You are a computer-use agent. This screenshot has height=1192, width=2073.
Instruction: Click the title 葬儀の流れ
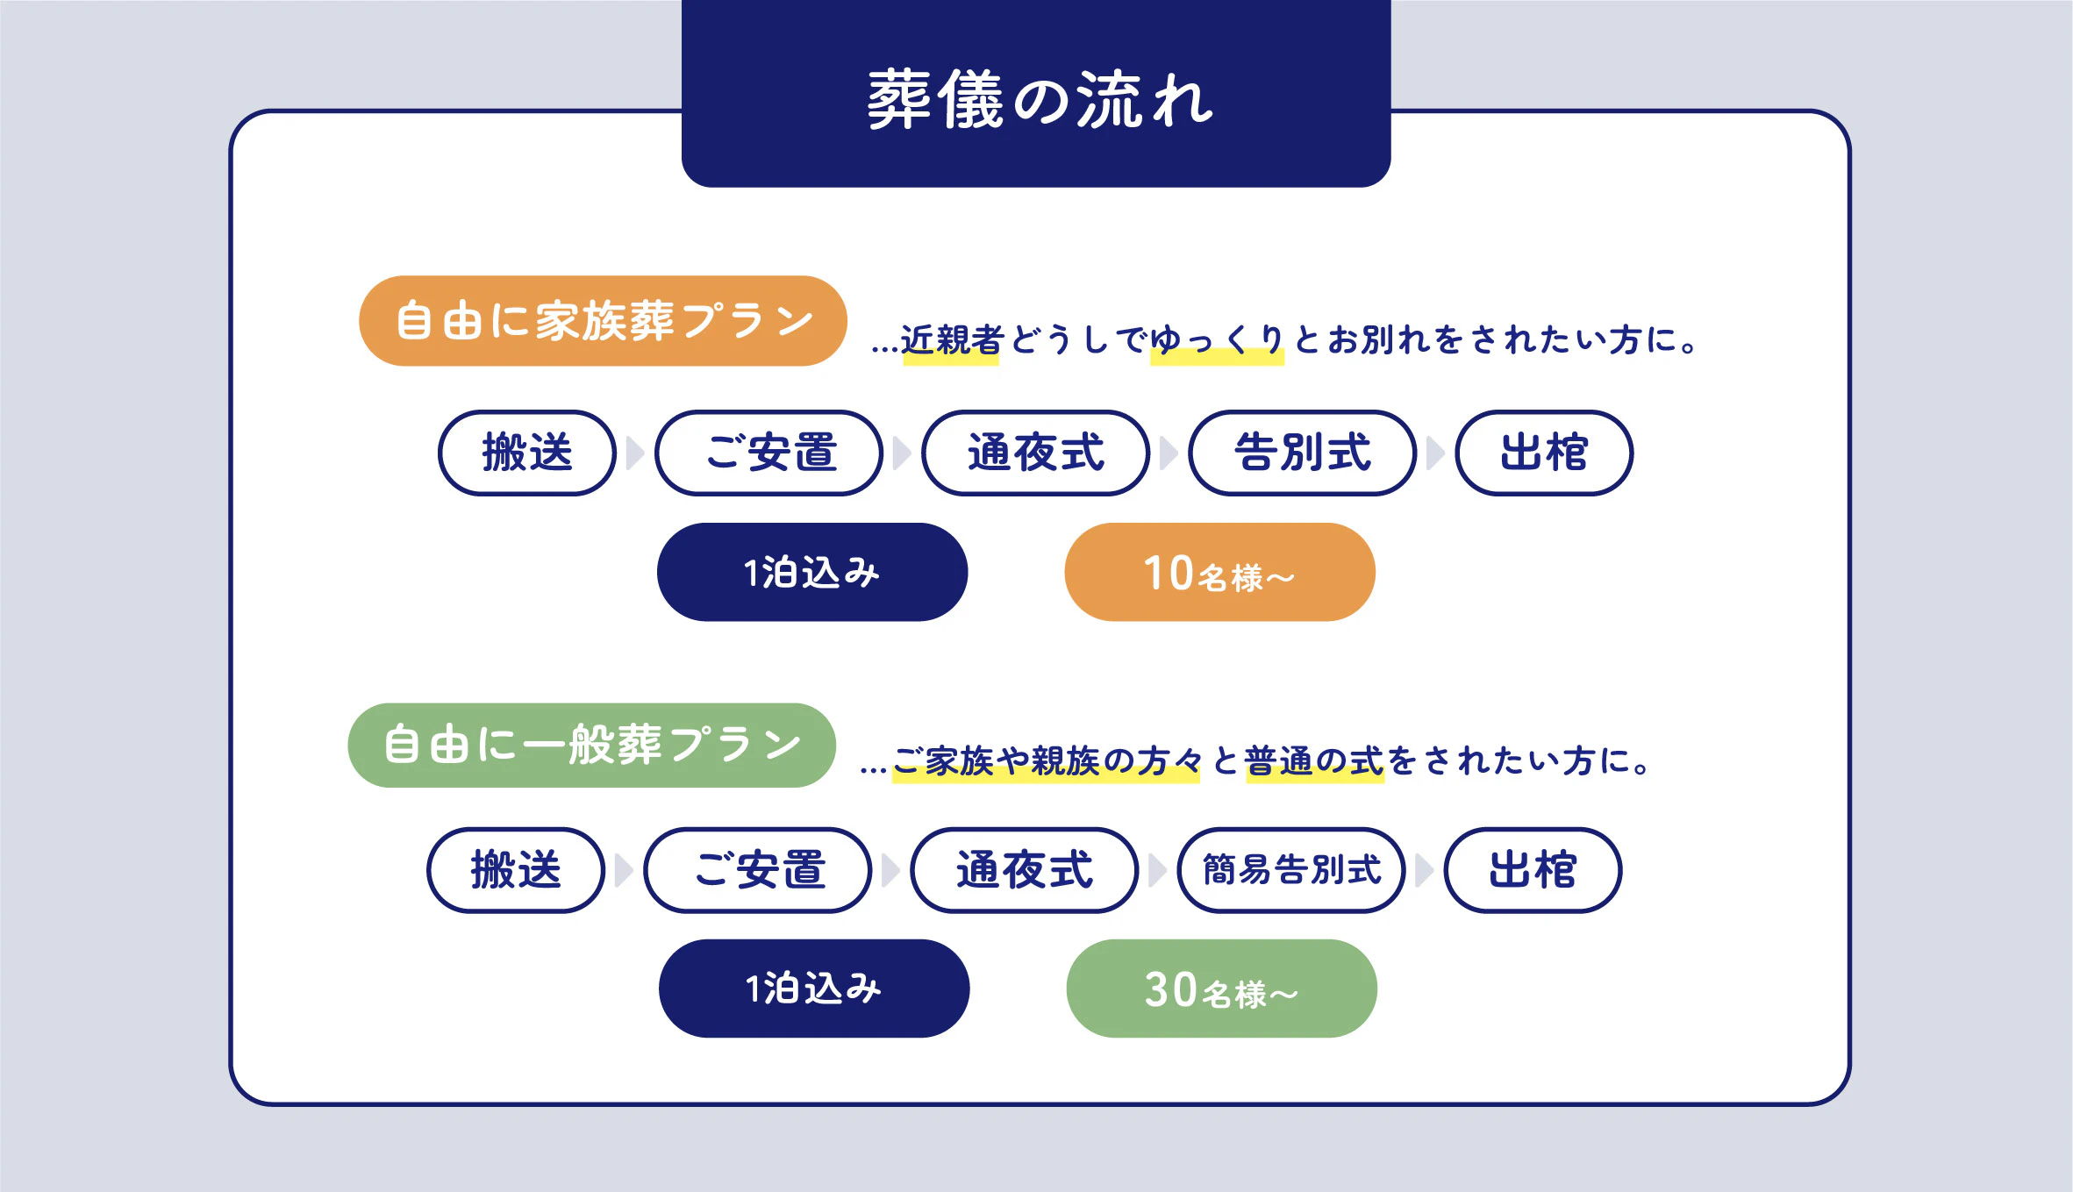pos(1039,100)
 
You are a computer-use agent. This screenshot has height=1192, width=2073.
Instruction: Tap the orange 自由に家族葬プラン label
pos(603,321)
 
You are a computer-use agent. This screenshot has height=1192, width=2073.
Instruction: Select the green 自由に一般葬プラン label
pos(591,746)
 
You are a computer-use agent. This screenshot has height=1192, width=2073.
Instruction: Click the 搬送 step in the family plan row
pos(526,453)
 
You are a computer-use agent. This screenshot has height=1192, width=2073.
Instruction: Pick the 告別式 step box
pos(1302,453)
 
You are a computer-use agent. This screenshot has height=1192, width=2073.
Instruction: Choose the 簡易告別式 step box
pos(1291,870)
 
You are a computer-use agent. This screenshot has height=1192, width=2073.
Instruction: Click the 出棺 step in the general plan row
pos(1533,870)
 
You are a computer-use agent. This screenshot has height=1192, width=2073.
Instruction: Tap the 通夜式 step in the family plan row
pos(1035,453)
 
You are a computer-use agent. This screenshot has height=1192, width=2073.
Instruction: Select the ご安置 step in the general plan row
pos(758,870)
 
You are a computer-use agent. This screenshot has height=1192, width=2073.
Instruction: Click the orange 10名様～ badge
pos(1219,573)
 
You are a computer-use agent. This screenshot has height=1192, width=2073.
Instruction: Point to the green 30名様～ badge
pos(1221,989)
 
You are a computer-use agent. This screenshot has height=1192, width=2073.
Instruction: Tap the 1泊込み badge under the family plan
pos(811,573)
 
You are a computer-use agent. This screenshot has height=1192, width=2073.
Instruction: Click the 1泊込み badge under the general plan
pos(813,989)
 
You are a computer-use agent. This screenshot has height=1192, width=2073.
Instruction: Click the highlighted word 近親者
pos(952,340)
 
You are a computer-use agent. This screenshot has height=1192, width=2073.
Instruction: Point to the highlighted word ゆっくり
pos(1217,340)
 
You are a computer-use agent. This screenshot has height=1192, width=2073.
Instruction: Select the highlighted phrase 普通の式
pos(1314,761)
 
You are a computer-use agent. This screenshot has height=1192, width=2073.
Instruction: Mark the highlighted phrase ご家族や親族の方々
pos(1046,761)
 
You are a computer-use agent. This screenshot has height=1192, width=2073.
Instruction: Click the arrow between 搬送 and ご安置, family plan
pos(635,453)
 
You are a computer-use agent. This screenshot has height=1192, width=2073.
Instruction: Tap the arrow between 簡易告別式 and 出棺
pos(1425,870)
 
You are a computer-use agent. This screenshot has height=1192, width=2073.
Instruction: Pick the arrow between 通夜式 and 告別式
pos(1169,453)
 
